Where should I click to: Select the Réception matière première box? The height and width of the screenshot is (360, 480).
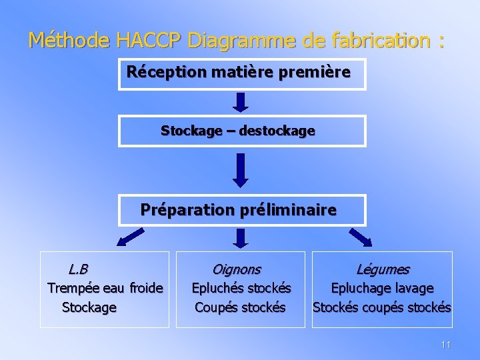tap(242, 73)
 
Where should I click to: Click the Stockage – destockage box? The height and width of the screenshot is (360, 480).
tap(242, 131)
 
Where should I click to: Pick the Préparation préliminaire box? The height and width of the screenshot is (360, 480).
tap(242, 210)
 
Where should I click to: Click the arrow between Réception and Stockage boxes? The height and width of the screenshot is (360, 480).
tap(241, 101)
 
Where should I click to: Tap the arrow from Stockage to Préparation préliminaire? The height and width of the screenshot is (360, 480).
tap(241, 170)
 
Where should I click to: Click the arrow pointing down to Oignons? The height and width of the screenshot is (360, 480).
tap(241, 238)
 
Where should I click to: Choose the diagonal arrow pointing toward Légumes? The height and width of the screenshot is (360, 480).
tap(361, 237)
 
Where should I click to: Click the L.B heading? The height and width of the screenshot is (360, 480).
tap(78, 269)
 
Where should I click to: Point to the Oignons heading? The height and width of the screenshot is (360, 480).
tap(236, 269)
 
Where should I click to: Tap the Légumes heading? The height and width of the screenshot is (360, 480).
tap(383, 269)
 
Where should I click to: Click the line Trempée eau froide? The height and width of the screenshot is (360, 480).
tap(105, 288)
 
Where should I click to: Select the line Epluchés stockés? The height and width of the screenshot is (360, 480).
tap(241, 288)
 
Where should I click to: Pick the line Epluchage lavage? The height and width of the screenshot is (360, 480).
tap(383, 288)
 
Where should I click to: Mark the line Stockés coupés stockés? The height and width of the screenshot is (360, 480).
tap(382, 307)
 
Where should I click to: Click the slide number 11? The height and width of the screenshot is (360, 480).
tap(446, 345)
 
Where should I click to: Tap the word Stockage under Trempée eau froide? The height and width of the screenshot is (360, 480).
tap(89, 307)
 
